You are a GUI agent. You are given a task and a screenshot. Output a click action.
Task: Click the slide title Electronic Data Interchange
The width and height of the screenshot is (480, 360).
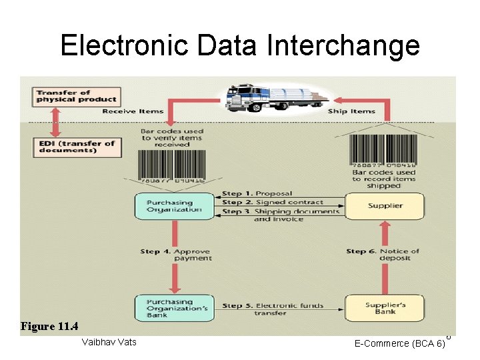point(240,45)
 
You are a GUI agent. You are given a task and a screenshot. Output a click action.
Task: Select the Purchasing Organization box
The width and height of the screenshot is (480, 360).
point(170,206)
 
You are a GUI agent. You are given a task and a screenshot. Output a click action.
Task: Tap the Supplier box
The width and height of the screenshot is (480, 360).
point(384,206)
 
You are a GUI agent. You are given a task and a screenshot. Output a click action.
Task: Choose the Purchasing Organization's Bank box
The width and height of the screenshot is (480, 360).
point(170,307)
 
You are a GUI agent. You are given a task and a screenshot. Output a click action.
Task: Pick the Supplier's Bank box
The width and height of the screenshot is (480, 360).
point(384,307)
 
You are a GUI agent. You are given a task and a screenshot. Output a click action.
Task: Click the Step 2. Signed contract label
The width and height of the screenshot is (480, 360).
point(273,202)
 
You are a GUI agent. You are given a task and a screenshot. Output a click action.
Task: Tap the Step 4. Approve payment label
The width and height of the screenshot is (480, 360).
point(176,255)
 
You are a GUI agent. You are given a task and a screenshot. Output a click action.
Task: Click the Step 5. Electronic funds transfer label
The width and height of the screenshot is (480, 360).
point(273,309)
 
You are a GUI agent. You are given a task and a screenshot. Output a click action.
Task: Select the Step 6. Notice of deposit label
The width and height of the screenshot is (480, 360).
point(383,255)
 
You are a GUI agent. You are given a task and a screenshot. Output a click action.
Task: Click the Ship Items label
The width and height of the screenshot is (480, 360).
point(351,111)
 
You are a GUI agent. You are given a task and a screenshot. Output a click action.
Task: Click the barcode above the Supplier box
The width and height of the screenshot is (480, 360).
point(384,149)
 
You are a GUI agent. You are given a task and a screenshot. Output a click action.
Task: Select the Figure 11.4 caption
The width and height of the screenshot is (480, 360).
point(49,326)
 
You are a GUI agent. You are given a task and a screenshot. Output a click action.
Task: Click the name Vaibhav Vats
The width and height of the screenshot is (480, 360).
point(108,343)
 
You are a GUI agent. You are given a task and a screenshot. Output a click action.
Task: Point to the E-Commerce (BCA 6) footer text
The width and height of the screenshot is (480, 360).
point(400,344)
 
